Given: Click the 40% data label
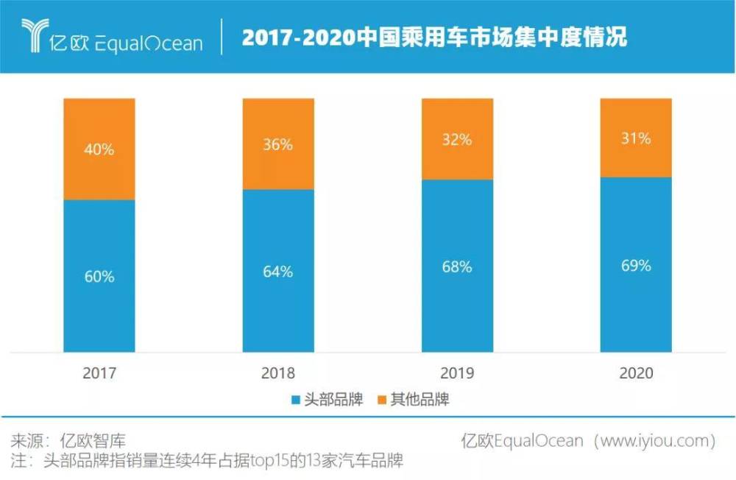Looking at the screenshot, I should coord(99,149).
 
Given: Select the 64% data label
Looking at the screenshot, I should coord(278,272).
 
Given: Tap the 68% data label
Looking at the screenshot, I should coord(457,267).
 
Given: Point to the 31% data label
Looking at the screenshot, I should coord(636,138).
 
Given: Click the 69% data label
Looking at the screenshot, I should coord(636,266).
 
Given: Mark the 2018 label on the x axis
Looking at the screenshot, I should coord(278,373).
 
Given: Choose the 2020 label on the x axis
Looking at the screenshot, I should coord(636,373).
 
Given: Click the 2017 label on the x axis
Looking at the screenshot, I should coord(99,373).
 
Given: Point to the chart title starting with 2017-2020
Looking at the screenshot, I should coord(434,38).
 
